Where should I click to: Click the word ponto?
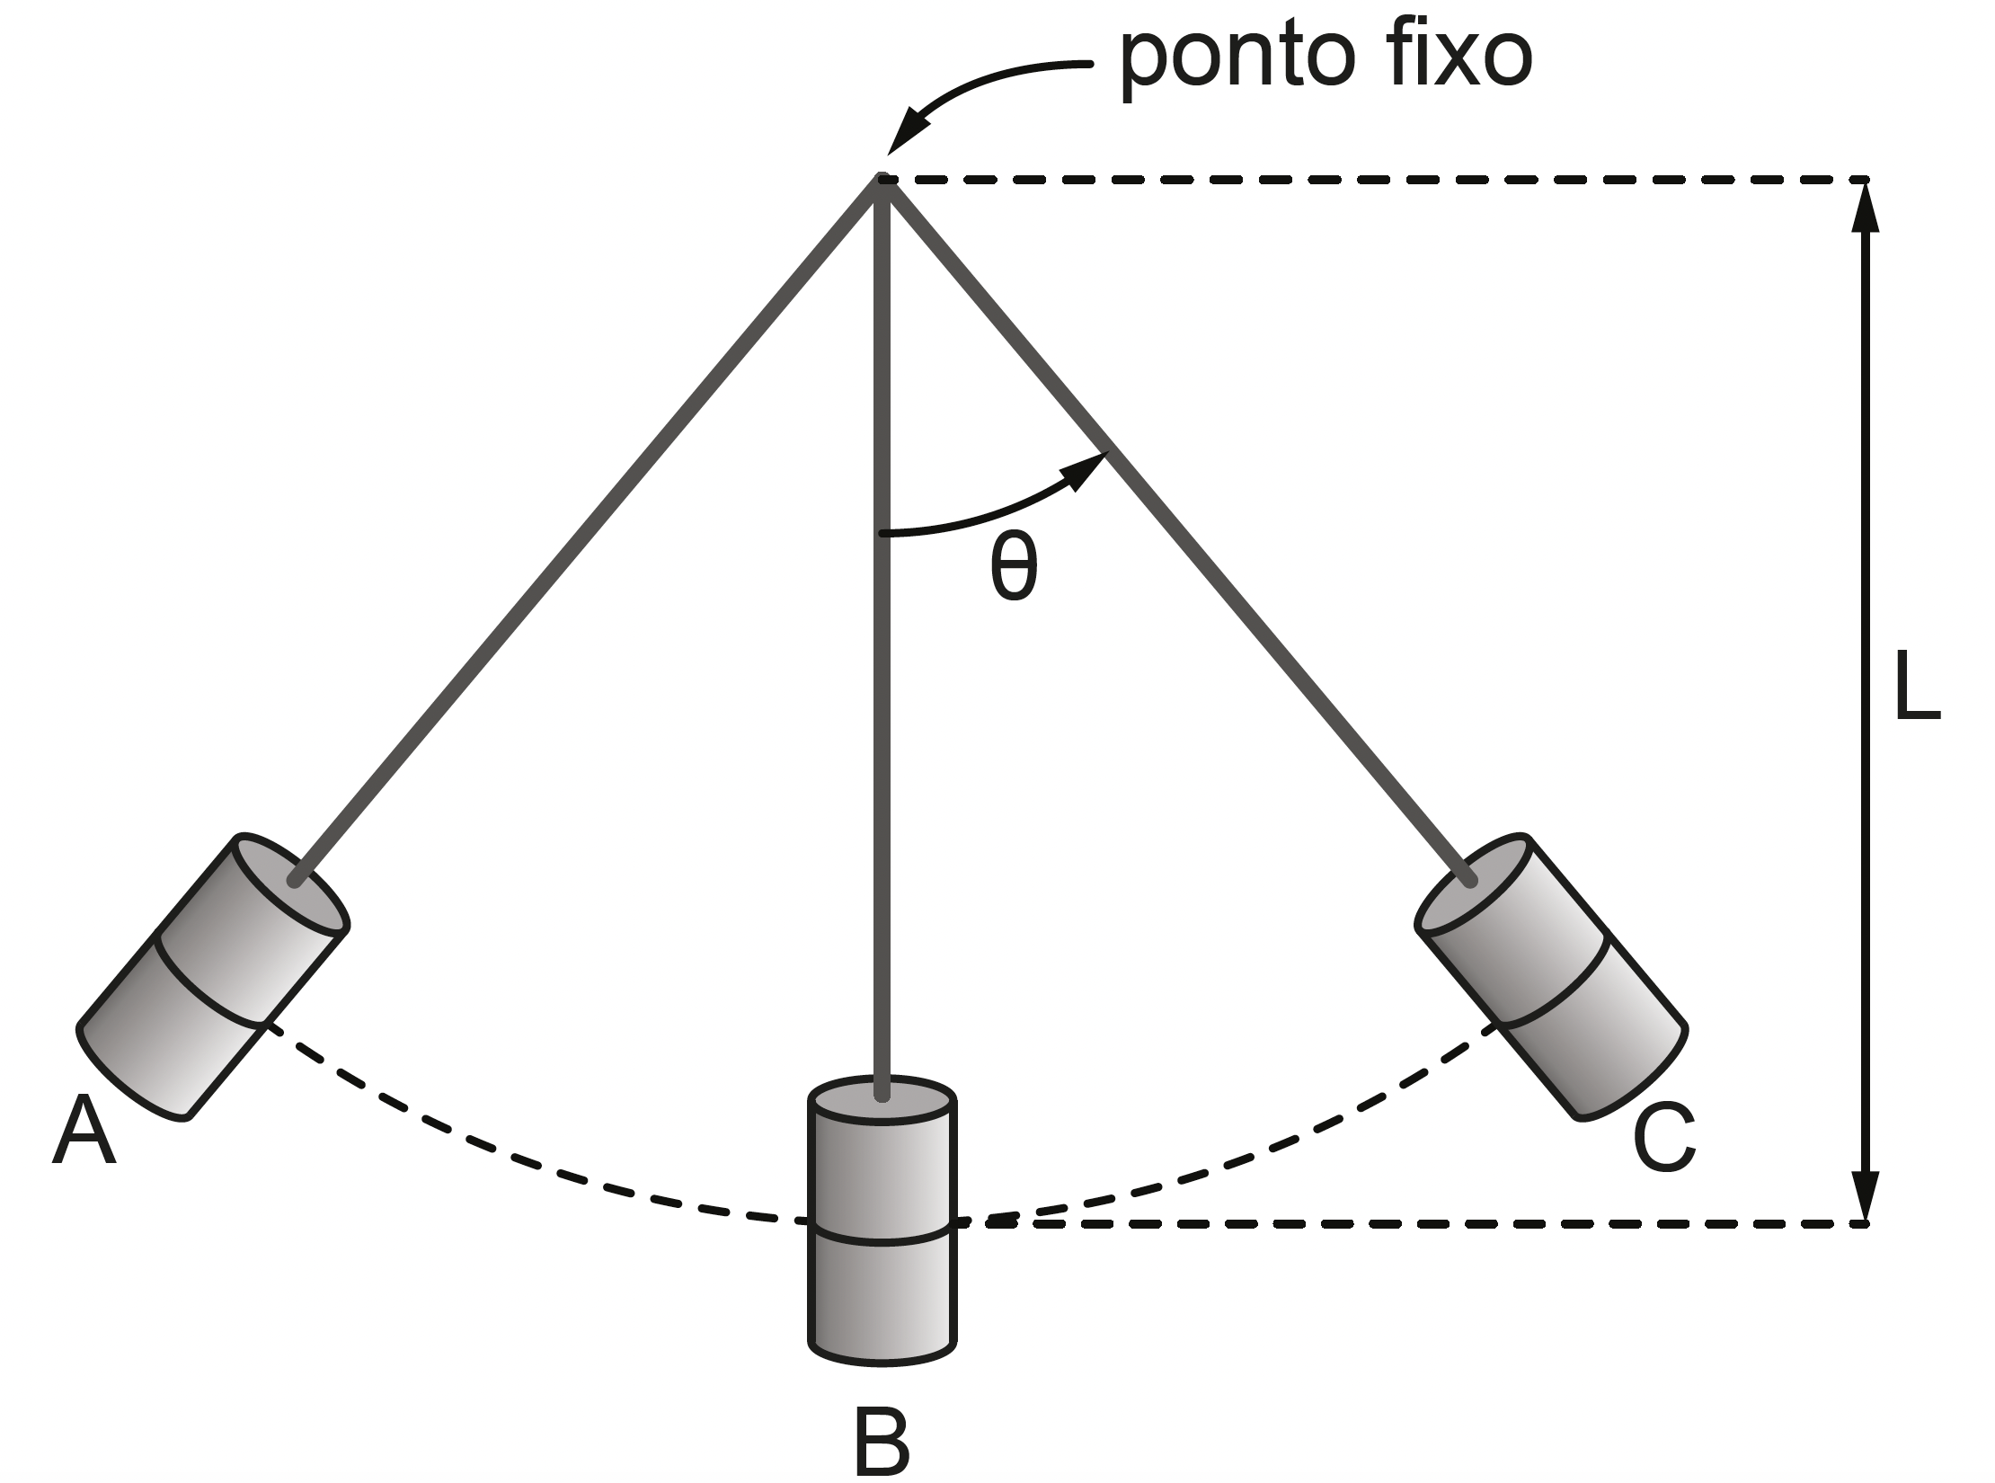click(x=1237, y=61)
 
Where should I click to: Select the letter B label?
click(x=882, y=1438)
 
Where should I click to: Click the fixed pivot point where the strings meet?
click(x=882, y=181)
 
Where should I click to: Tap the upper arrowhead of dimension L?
click(x=1866, y=207)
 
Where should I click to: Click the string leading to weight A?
click(x=584, y=530)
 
